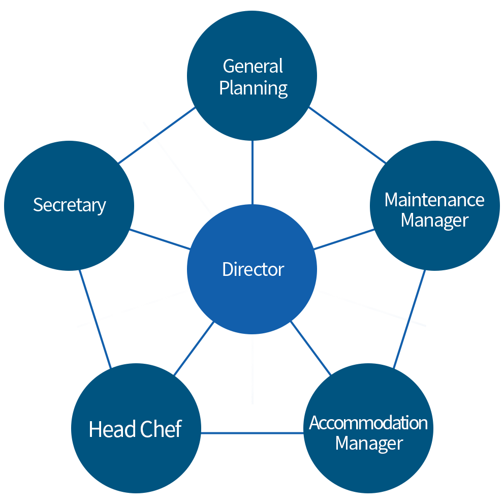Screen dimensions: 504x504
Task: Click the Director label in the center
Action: (x=253, y=269)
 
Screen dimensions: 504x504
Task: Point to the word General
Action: (x=253, y=67)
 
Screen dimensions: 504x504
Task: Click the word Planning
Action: (x=254, y=88)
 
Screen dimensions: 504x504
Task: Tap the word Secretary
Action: (x=70, y=205)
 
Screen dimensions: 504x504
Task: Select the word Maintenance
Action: (x=434, y=200)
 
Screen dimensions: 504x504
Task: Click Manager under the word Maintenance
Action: (x=434, y=220)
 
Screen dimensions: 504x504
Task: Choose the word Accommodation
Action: (x=368, y=423)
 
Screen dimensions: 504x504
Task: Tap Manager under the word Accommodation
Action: (x=369, y=443)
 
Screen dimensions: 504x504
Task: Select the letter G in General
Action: (x=229, y=67)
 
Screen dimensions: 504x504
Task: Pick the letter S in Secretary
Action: (x=38, y=205)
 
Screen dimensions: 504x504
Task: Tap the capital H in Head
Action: (x=95, y=429)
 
